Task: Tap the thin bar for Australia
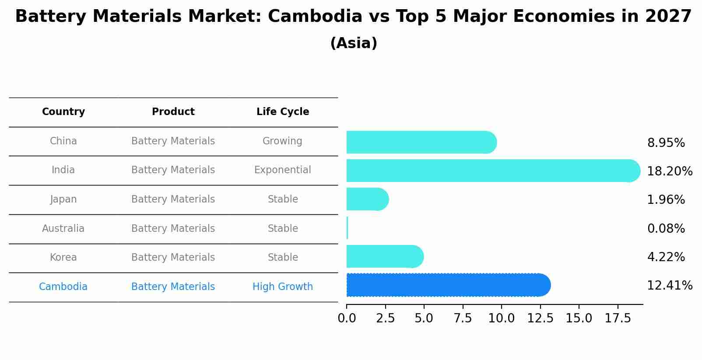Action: tap(347, 228)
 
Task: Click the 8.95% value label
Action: tap(666, 143)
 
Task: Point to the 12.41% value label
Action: tap(669, 286)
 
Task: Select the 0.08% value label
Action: tap(666, 228)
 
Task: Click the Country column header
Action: tap(63, 112)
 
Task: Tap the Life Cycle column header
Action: tap(283, 112)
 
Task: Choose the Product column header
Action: tap(173, 112)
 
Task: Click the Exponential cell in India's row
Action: tap(283, 170)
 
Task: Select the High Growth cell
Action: tap(283, 287)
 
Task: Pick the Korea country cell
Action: tap(63, 258)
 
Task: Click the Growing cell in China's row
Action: tap(282, 141)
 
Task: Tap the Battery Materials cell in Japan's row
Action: tap(173, 199)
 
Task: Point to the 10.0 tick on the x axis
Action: tap(501, 318)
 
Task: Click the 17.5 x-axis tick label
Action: tap(618, 318)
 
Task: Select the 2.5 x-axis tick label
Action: tap(385, 318)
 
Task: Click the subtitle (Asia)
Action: tap(354, 43)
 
